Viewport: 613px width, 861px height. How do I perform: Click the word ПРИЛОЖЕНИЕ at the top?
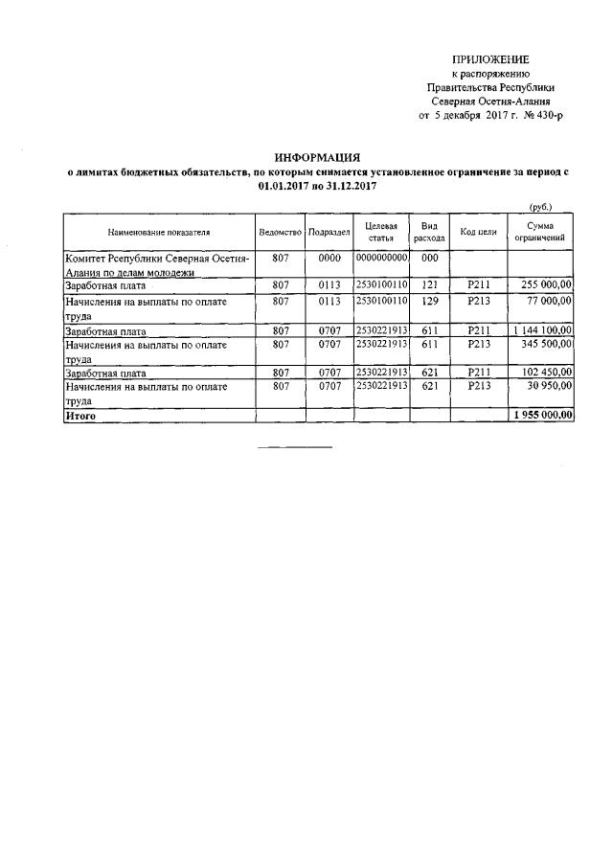click(x=489, y=59)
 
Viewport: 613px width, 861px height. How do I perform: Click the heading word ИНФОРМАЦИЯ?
click(x=316, y=157)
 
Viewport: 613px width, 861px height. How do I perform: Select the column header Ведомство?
click(x=280, y=232)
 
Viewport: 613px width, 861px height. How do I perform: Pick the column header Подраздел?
click(x=329, y=232)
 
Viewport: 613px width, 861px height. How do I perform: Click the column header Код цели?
click(x=477, y=232)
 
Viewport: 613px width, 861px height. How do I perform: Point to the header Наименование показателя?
click(x=159, y=232)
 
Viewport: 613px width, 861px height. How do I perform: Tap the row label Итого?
click(x=79, y=416)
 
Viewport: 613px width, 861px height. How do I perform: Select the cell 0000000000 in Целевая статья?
click(x=381, y=259)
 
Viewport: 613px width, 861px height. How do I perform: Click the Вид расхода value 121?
click(x=429, y=284)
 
